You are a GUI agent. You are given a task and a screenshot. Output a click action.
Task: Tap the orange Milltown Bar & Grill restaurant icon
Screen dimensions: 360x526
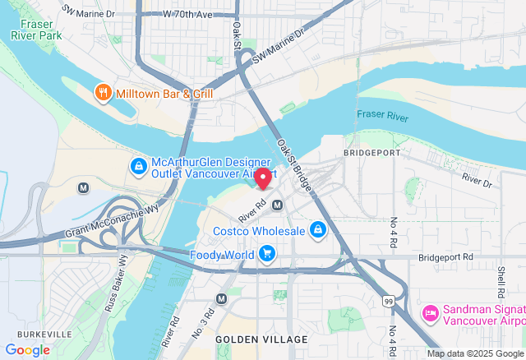click(x=103, y=93)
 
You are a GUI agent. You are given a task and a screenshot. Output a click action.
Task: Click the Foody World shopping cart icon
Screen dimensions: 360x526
click(x=266, y=255)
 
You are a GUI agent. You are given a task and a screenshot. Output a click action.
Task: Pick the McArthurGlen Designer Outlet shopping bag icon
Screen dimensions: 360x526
click(x=139, y=167)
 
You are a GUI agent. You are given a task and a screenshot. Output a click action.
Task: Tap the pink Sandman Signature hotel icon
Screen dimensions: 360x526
click(x=429, y=313)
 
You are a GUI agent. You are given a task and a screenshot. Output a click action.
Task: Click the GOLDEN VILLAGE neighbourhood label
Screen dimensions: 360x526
click(x=261, y=339)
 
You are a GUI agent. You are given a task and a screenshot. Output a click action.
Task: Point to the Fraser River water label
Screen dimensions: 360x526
click(x=382, y=117)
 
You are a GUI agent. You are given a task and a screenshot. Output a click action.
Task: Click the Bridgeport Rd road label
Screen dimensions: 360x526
click(x=445, y=257)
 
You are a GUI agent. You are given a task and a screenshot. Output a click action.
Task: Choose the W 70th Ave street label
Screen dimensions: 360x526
click(x=187, y=15)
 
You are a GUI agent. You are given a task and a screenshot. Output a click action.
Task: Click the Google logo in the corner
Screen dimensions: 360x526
click(x=27, y=349)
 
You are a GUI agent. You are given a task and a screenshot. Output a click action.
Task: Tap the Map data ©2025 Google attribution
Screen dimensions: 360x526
click(x=473, y=353)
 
